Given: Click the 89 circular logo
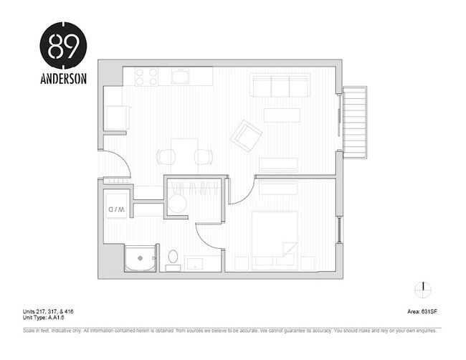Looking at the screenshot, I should click(x=63, y=45).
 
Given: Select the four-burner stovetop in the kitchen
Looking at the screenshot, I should click(x=147, y=77).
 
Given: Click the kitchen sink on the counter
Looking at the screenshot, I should click(x=181, y=76).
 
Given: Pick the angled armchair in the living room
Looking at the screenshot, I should click(x=246, y=134).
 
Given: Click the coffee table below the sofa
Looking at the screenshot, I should click(x=282, y=115).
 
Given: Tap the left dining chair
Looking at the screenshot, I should click(x=165, y=156).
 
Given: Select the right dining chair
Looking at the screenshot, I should click(x=204, y=156).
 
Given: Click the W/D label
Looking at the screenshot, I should click(x=117, y=209).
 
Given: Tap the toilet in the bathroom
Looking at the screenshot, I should click(x=173, y=258).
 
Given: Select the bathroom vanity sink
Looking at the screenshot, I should click(x=194, y=263).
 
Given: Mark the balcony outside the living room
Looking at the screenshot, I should click(x=355, y=122).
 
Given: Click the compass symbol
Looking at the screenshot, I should click(x=423, y=289).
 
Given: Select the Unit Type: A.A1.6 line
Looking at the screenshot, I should click(x=48, y=318).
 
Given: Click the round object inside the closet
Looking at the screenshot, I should click(x=177, y=204).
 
